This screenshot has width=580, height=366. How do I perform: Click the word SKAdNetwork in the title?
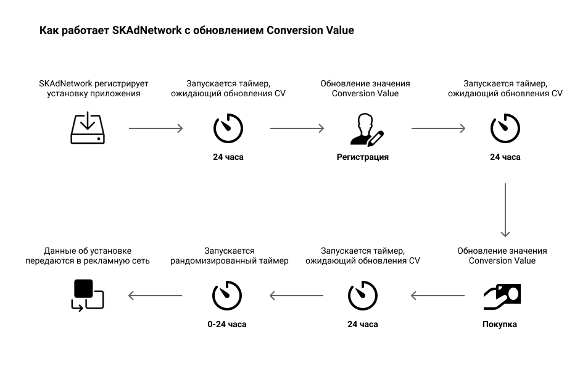(147, 30)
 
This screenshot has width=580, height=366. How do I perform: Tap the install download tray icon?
(88, 128)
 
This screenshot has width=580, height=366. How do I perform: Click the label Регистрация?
(363, 157)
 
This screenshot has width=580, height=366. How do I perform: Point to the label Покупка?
(499, 324)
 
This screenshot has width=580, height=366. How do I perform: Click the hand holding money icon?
(502, 296)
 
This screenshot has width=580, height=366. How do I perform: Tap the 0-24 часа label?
(226, 324)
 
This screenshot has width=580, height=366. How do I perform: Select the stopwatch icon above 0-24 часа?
(226, 295)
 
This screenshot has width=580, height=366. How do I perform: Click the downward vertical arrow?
(505, 210)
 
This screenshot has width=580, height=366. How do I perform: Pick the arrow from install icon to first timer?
(155, 128)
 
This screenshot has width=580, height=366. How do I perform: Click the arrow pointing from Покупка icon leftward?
(437, 296)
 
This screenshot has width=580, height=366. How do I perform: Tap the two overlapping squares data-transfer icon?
(87, 295)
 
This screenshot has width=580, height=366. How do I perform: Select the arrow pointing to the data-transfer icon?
(155, 296)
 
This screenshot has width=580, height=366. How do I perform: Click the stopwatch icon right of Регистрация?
(505, 128)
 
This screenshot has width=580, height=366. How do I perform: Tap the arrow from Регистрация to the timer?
(438, 128)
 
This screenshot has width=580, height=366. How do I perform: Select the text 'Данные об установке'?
(88, 251)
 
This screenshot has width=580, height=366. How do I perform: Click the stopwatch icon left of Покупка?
(363, 295)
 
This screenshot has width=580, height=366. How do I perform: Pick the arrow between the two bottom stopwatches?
(296, 296)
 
